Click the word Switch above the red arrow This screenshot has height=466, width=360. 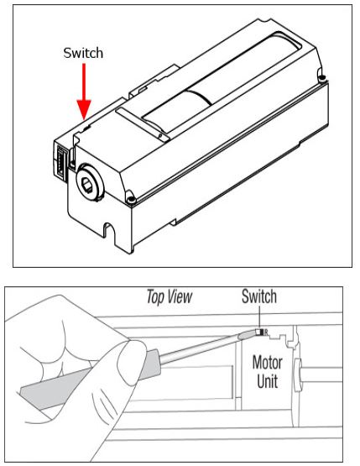(x=84, y=53)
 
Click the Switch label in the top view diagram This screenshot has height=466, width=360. (x=259, y=297)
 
